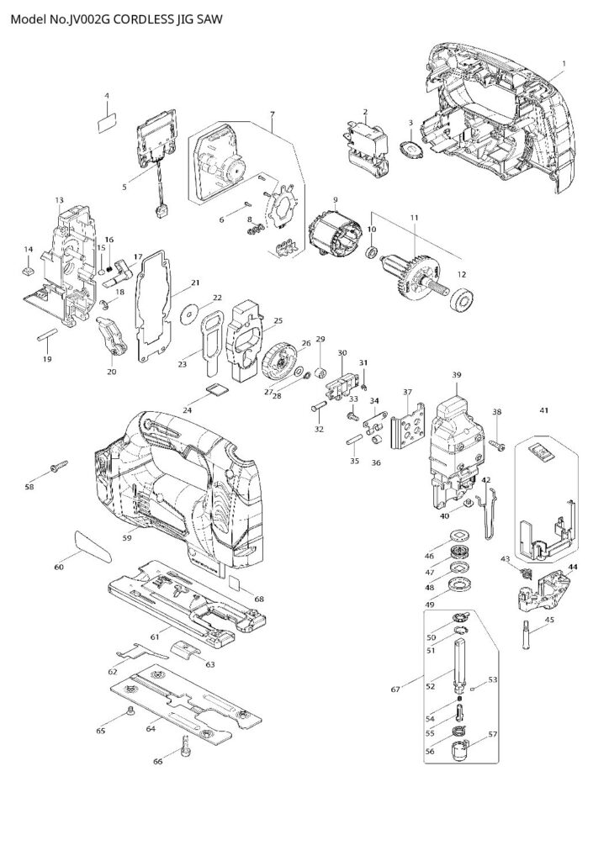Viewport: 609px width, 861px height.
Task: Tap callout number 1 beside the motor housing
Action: click(564, 64)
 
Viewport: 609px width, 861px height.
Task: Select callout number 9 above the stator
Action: click(334, 200)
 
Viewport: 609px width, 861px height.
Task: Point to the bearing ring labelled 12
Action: click(462, 300)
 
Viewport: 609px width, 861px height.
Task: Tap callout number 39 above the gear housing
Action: click(457, 374)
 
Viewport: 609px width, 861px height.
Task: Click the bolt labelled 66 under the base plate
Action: click(185, 743)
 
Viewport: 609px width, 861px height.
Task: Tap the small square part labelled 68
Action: click(236, 583)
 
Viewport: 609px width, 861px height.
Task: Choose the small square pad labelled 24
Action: click(215, 389)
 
